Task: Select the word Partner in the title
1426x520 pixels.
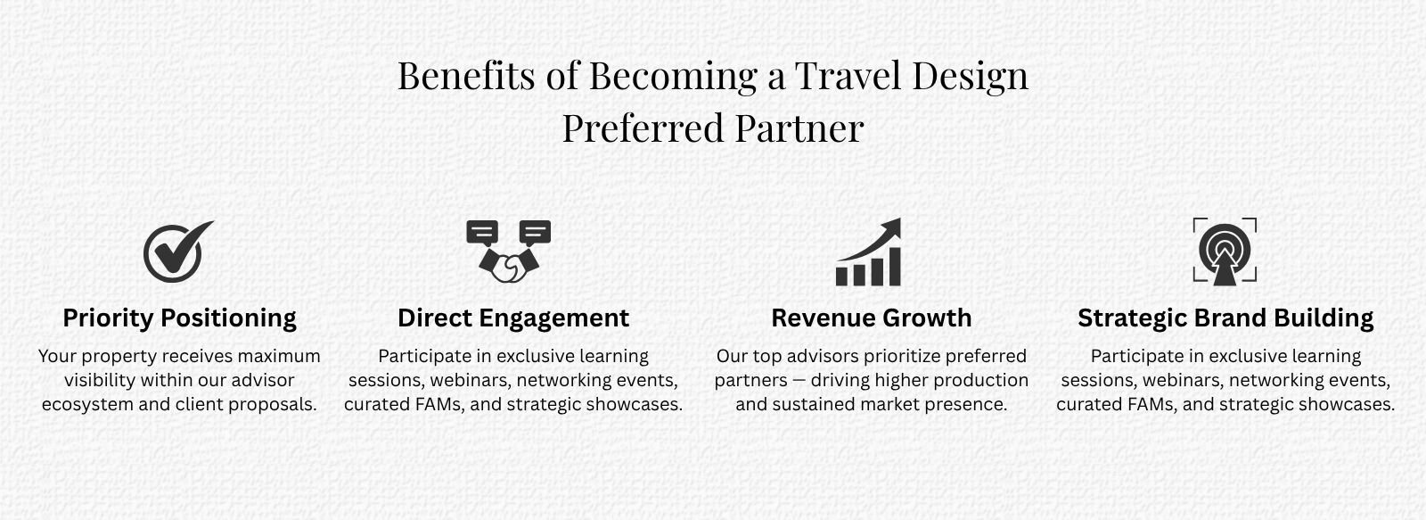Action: pyautogui.click(x=799, y=128)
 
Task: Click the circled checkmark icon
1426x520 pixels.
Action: pyautogui.click(x=177, y=252)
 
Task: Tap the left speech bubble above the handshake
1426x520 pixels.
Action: pyautogui.click(x=482, y=233)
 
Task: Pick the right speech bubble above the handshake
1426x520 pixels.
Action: pyautogui.click(x=535, y=233)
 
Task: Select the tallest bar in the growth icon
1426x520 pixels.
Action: pyautogui.click(x=893, y=267)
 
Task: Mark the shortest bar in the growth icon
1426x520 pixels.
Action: pyautogui.click(x=841, y=277)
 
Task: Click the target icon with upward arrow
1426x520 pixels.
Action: pyautogui.click(x=1225, y=252)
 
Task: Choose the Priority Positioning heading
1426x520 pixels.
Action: pyautogui.click(x=179, y=318)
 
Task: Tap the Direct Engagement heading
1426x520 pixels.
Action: pyautogui.click(x=513, y=318)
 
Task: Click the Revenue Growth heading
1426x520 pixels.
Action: pyautogui.click(x=872, y=318)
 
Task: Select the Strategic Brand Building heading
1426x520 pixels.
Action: pyautogui.click(x=1225, y=318)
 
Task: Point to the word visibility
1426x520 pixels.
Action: pyautogui.click(x=100, y=381)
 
